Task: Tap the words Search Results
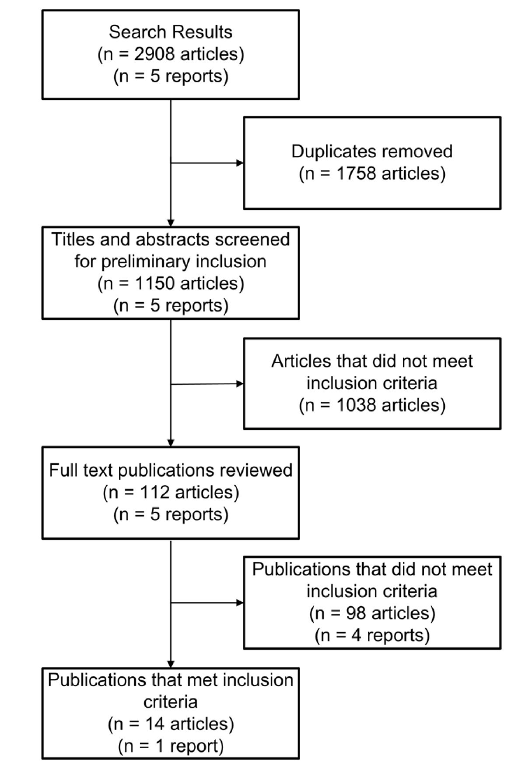(171, 32)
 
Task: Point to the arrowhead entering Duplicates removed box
(240, 163)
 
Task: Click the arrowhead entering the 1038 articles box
(240, 384)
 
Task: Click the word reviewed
(263, 470)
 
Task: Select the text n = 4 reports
(372, 635)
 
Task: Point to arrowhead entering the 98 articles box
(240, 603)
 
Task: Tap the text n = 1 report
(171, 746)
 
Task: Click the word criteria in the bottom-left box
(171, 702)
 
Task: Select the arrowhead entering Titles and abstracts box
(171, 223)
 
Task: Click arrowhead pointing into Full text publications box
(171, 443)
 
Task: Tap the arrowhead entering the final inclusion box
(171, 664)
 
